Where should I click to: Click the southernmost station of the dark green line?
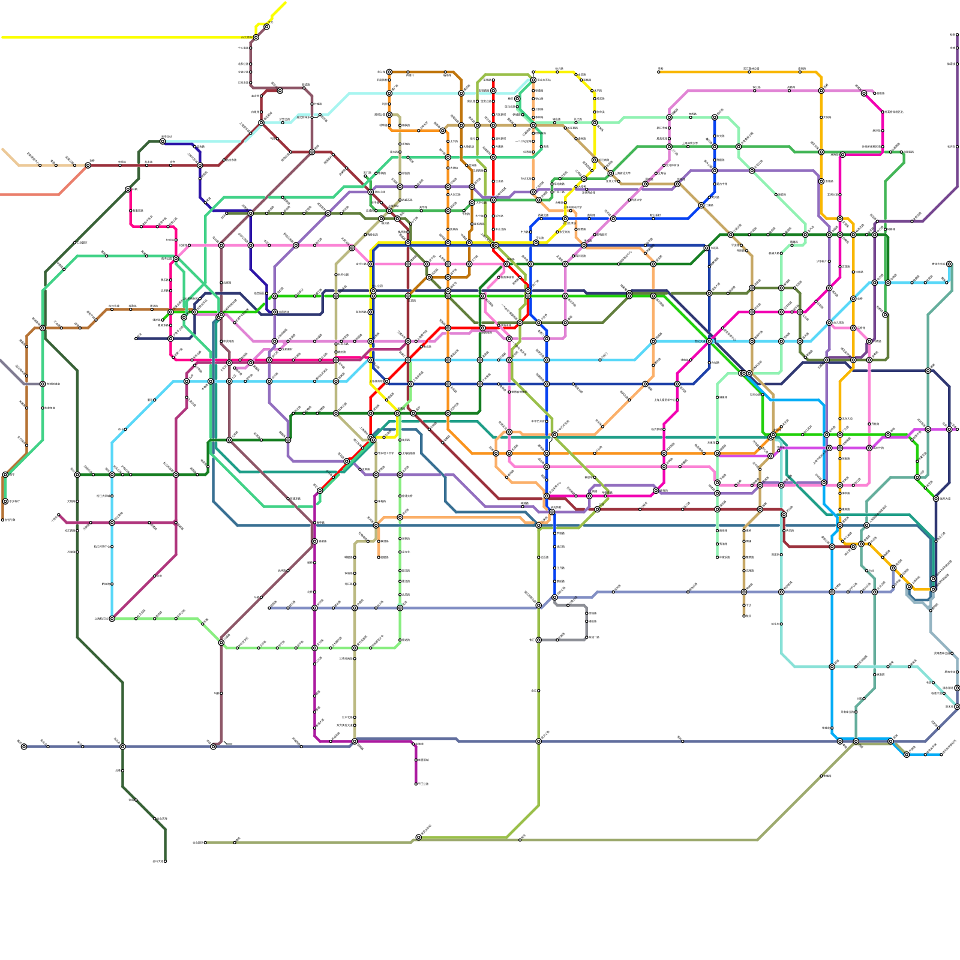[x=165, y=861]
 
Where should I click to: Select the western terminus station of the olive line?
[x=206, y=842]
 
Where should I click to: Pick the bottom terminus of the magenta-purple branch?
[x=416, y=784]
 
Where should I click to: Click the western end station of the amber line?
[x=659, y=72]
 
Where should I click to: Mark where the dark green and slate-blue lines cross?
[x=123, y=746]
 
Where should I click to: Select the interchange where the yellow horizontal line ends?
[x=256, y=37]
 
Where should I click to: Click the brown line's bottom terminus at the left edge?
[x=3, y=520]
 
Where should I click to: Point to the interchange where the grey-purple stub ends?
[x=43, y=384]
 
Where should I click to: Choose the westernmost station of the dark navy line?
[x=137, y=338]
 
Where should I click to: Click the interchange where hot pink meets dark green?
[x=128, y=189]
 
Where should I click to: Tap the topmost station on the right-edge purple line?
[x=956, y=35]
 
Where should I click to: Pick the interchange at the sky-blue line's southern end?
[x=112, y=619]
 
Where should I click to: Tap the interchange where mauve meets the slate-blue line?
[x=214, y=746]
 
